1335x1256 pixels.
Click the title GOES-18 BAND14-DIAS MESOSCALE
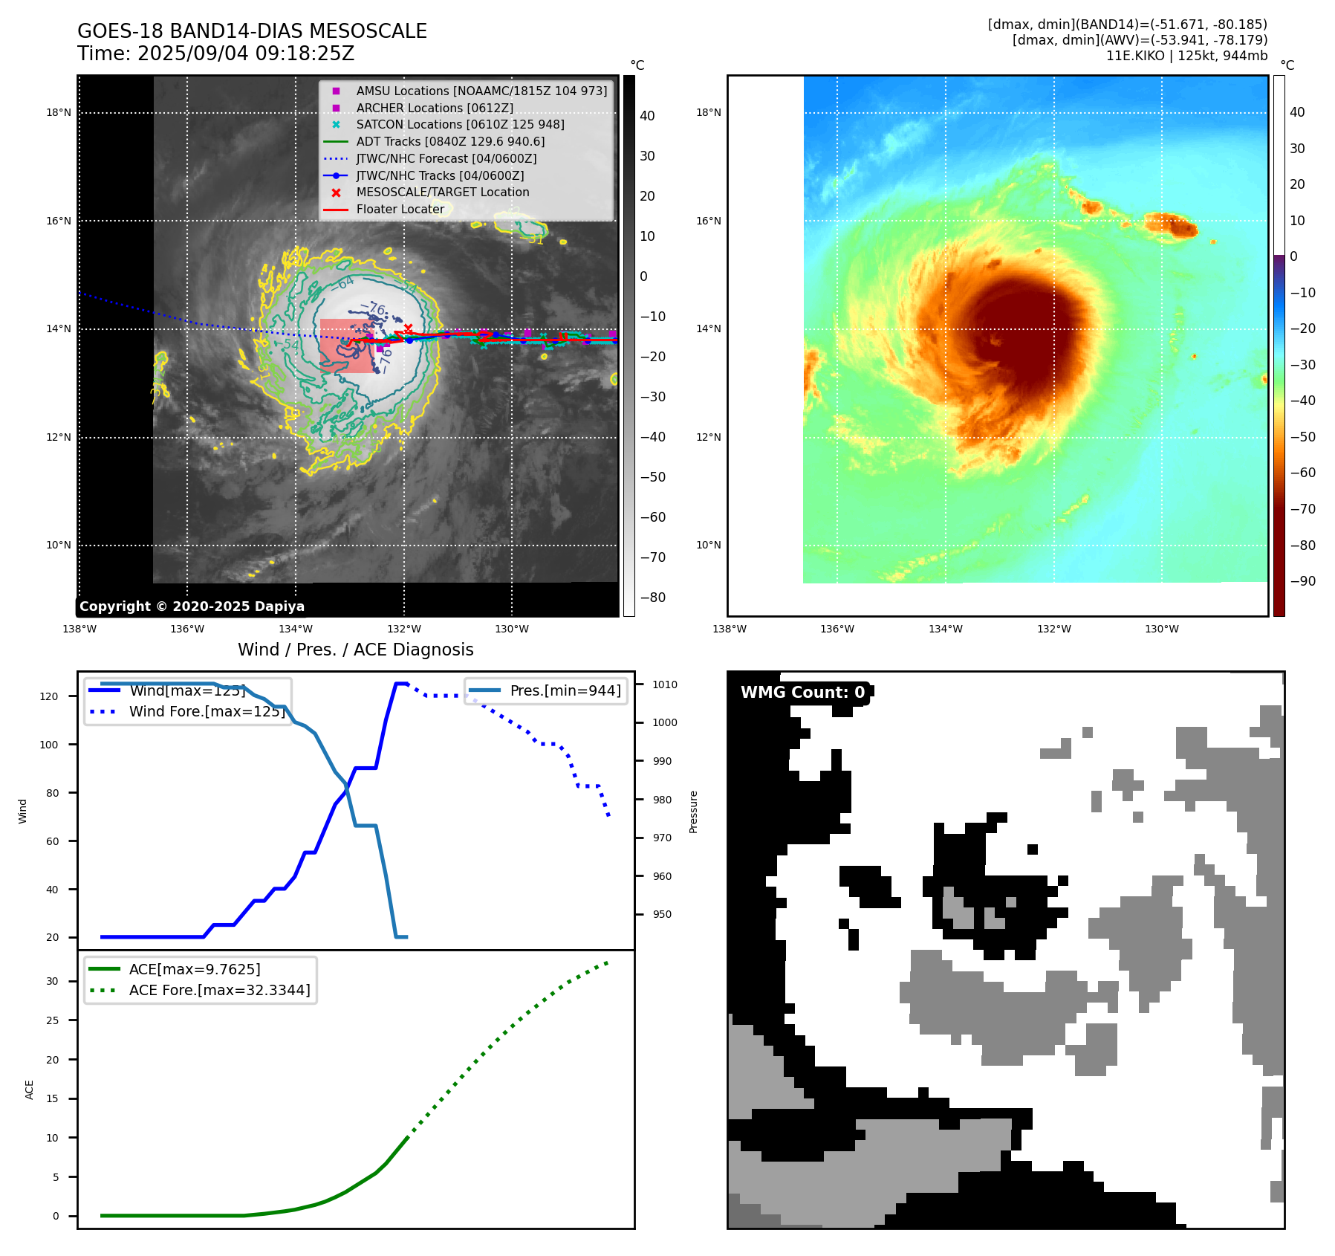[x=252, y=31]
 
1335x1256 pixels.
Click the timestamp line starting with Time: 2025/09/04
[x=215, y=54]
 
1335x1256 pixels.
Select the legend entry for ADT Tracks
[x=450, y=141]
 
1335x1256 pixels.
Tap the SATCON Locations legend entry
[x=460, y=124]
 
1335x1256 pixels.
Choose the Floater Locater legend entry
[x=400, y=209]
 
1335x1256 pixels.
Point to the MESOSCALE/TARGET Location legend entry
[x=443, y=192]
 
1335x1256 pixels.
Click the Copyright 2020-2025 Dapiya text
[x=192, y=606]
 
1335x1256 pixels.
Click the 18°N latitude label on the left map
[x=59, y=113]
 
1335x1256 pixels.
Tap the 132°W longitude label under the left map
[x=403, y=629]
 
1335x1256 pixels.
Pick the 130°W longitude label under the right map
[x=1161, y=629]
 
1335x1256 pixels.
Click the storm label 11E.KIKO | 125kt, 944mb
[x=1186, y=56]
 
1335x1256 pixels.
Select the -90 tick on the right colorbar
[x=1302, y=580]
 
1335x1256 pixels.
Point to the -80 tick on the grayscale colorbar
[x=653, y=597]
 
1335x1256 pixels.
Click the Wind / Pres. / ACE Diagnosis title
[x=355, y=650]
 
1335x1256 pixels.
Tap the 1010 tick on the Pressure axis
[x=665, y=684]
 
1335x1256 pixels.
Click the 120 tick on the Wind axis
[x=49, y=696]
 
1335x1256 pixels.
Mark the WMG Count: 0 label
[x=802, y=692]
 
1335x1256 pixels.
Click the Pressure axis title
[x=693, y=812]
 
